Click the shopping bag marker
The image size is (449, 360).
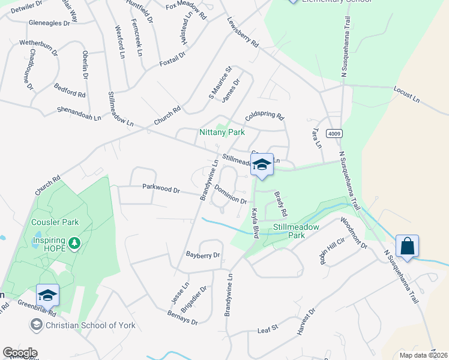click(x=407, y=247)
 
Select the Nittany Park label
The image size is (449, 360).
click(x=223, y=131)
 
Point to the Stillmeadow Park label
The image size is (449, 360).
click(x=296, y=231)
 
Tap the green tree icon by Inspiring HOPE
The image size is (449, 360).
click(x=74, y=244)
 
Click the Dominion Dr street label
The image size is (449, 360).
click(x=231, y=196)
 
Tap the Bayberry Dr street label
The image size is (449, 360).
click(x=203, y=255)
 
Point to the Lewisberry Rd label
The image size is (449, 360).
click(x=243, y=32)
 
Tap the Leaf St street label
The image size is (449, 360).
click(x=268, y=328)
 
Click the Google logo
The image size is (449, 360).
click(x=20, y=353)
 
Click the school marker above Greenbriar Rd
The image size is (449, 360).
click(x=47, y=295)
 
